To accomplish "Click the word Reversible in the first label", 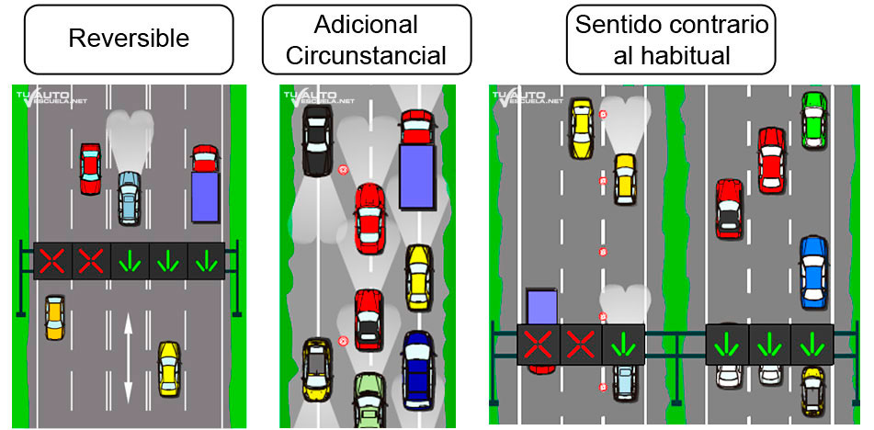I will coord(129,39).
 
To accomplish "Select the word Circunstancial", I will coord(366,55).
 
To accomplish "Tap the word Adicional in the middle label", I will coord(366,24).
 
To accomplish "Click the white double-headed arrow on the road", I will coord(128,356).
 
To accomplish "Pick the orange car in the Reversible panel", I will coord(54,317).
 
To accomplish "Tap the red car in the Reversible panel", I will coord(90,168).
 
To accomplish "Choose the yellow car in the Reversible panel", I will coord(168,368).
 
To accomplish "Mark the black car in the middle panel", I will coord(316,140).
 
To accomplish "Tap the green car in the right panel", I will coord(812,119).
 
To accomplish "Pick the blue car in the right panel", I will coord(813,272).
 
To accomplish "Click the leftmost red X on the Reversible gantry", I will coord(51,261).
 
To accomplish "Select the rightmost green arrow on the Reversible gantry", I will coord(206,261).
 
